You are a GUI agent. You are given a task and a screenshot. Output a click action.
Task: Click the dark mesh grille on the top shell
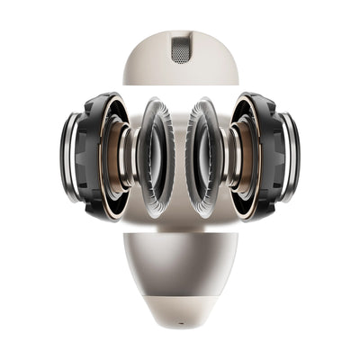pyautogui.click(x=181, y=49)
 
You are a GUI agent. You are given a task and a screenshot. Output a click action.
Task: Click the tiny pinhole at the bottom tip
pyautogui.click(x=181, y=319)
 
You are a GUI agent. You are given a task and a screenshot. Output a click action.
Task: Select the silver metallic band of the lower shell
pyautogui.click(x=180, y=261)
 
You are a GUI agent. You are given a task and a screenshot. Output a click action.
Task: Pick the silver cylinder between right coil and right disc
pyautogui.click(x=227, y=157)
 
